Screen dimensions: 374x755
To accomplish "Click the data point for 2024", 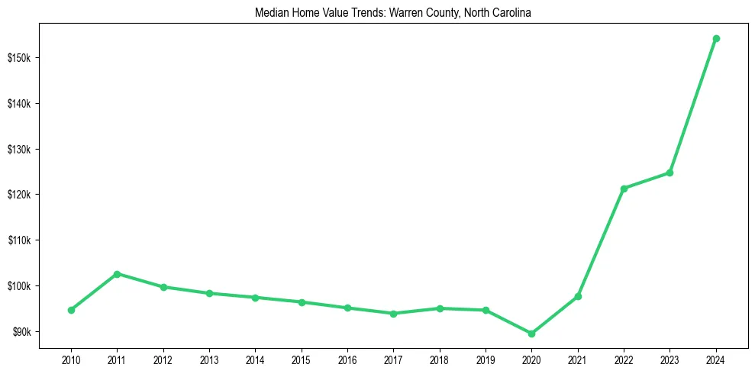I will tap(715, 38).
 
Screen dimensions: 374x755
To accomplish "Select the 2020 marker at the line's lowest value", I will tap(531, 334).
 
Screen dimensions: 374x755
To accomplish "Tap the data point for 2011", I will tap(117, 273).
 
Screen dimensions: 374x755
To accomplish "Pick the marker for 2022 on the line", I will tap(624, 189).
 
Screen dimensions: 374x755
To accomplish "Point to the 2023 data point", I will tap(669, 172).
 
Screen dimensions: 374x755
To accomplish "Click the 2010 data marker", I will tap(71, 310).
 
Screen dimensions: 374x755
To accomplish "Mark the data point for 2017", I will tap(393, 314).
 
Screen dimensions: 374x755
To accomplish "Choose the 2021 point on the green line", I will tap(578, 296).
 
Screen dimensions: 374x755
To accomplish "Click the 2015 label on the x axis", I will tap(301, 358).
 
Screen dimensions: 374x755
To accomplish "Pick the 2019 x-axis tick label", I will tap(486, 358).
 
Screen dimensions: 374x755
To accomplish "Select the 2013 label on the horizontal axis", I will tap(209, 358).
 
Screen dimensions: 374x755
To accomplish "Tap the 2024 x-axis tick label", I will tap(715, 358).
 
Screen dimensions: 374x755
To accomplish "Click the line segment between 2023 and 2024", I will tap(692, 105).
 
